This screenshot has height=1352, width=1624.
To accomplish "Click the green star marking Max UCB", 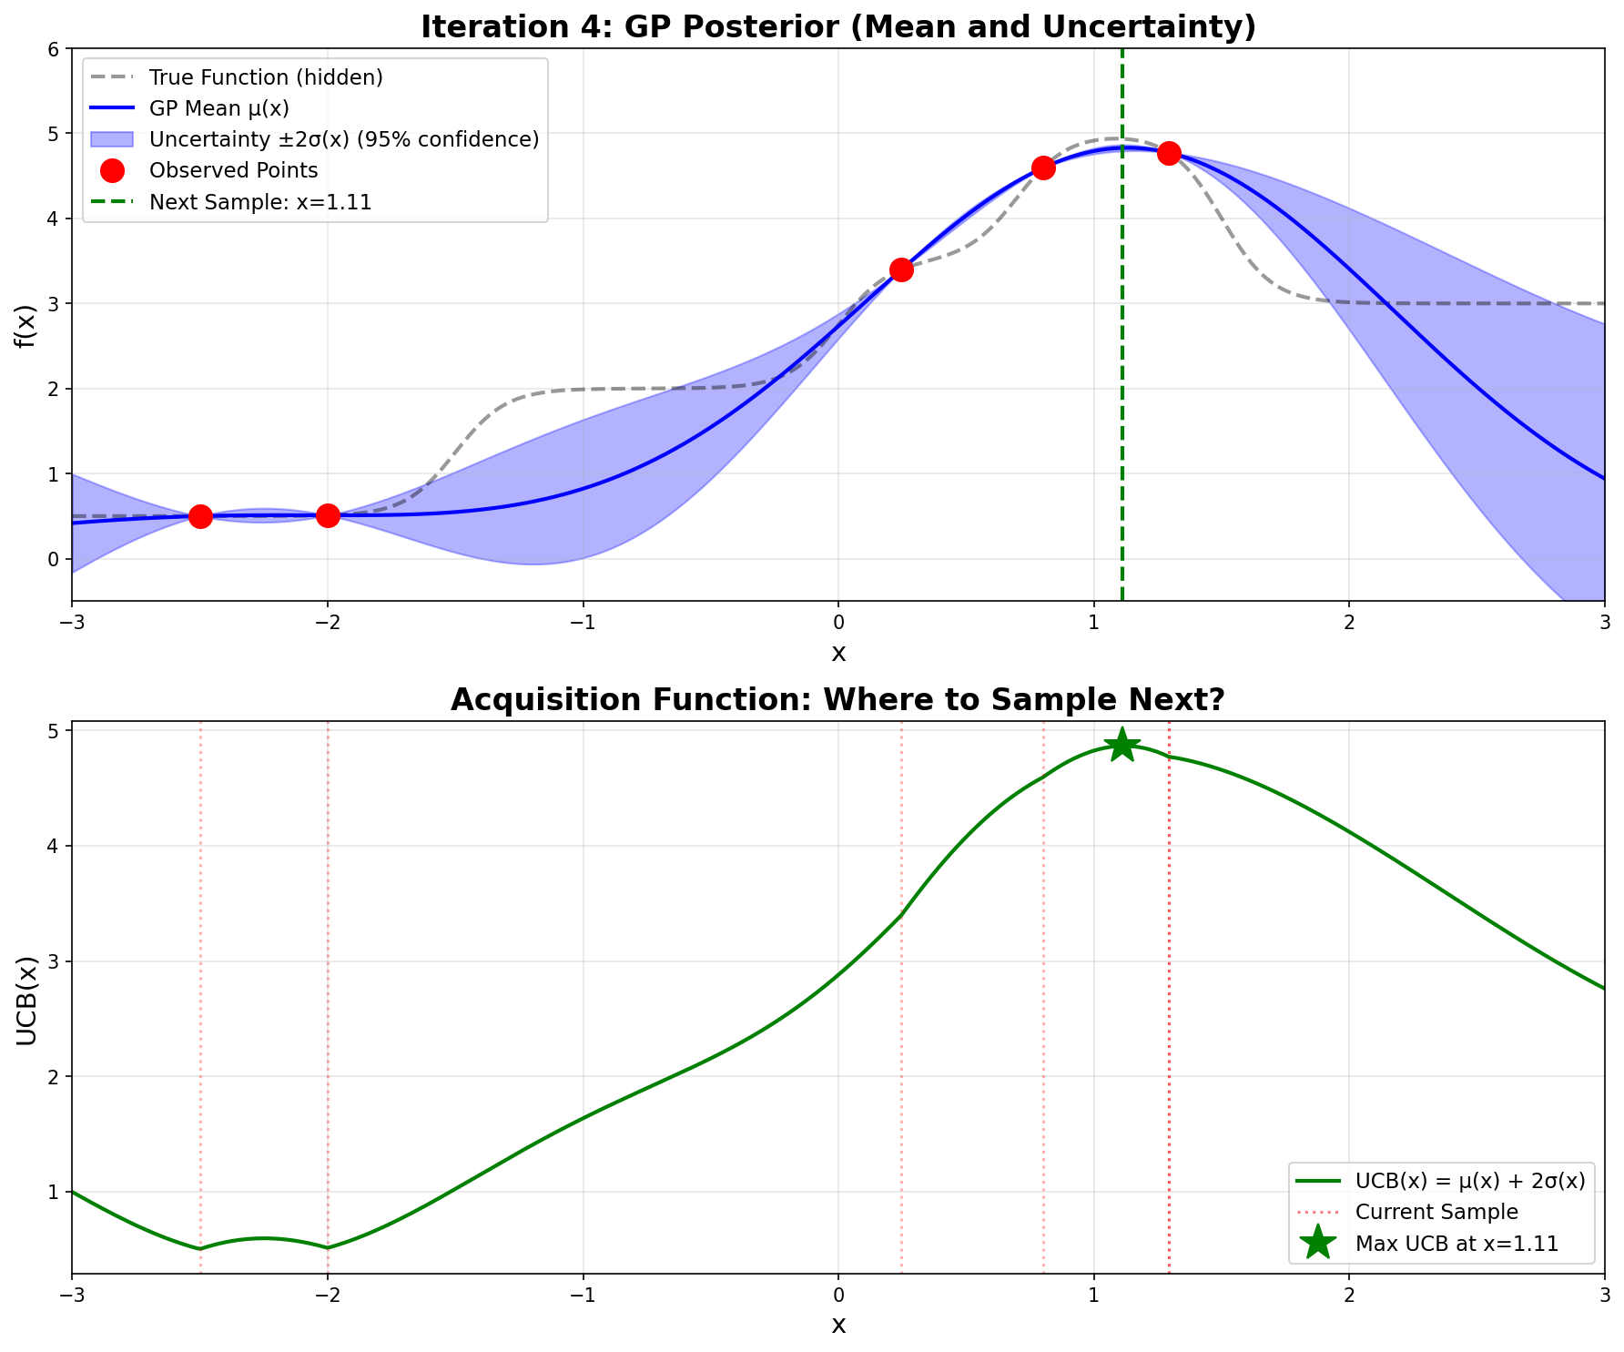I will point(1122,745).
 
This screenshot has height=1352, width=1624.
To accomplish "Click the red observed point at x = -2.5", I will point(200,516).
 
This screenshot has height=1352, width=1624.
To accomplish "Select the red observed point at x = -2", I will point(328,515).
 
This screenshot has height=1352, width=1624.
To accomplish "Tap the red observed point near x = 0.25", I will point(901,269).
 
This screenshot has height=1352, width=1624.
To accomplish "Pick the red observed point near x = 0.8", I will point(1043,168).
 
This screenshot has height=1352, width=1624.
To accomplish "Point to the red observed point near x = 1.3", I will point(1169,153).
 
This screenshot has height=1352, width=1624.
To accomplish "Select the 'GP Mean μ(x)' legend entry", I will point(218,108).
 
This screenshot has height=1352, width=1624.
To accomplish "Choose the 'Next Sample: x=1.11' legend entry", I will point(260,202).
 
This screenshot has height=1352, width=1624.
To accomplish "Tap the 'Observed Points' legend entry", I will point(233,170).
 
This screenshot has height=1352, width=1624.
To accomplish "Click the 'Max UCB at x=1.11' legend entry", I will point(1457,1244).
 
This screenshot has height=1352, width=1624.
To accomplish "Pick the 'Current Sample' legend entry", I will point(1436,1212).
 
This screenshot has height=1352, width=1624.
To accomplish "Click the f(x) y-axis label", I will point(25,325).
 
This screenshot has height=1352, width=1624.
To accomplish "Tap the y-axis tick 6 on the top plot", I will point(53,49).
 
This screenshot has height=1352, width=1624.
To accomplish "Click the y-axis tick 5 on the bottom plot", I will point(53,732).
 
